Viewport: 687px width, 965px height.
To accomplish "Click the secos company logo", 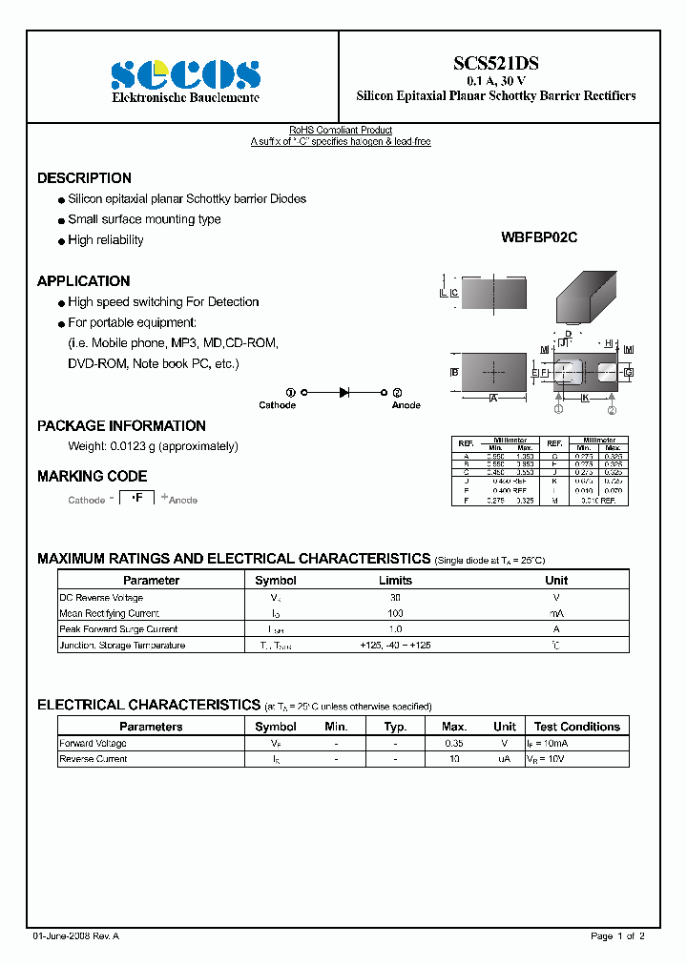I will [185, 75].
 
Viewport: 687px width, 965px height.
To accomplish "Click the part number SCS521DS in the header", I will [495, 64].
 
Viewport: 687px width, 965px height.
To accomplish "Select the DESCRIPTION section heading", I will [84, 178].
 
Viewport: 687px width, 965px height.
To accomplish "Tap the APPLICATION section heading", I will [83, 281].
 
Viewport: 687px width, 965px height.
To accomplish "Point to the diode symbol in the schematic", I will [343, 392].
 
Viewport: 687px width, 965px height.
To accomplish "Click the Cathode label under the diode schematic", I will [278, 405].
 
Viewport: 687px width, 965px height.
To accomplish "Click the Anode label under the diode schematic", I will [406, 405].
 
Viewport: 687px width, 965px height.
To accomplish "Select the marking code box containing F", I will [136, 498].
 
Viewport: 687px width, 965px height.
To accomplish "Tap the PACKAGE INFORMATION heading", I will [121, 426].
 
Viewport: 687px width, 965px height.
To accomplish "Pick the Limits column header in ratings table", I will [395, 580].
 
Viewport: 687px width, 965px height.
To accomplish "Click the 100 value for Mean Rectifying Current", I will [395, 613].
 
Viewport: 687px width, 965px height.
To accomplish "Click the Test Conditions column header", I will [576, 727].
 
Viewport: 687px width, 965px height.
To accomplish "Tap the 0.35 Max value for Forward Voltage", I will [454, 743].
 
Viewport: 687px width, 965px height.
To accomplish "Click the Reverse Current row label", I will [93, 759].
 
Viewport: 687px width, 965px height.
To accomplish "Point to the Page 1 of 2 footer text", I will [617, 936].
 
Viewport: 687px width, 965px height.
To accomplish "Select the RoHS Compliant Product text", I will [341, 131].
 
